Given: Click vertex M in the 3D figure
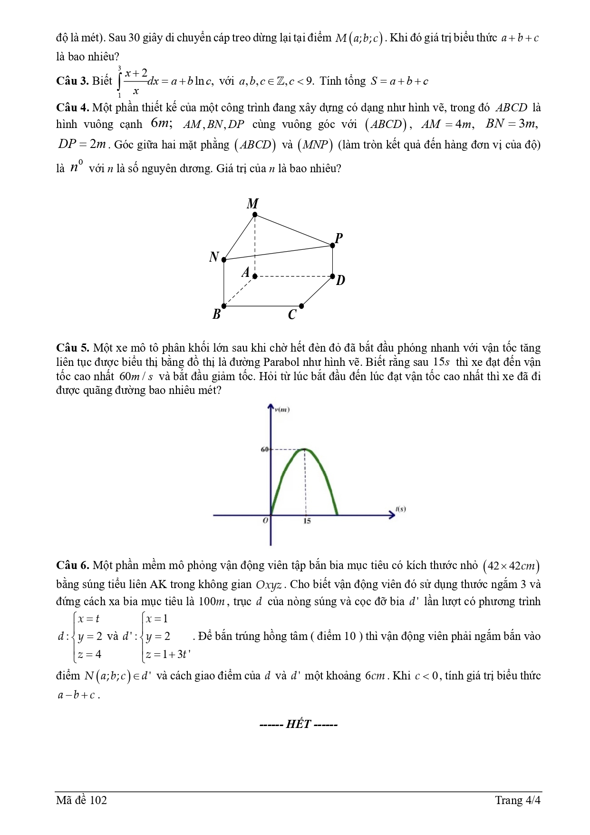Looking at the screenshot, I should (255, 215).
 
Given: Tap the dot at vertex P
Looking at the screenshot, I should (332, 245).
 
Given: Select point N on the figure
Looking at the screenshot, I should (224, 260).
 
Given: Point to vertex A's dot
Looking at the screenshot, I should (255, 276).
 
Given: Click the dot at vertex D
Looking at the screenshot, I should (332, 276).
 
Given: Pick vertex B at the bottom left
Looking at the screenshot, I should (224, 306).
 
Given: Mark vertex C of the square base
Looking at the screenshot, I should (301, 306).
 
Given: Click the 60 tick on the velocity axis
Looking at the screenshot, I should (265, 449).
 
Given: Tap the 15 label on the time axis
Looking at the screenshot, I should (307, 521).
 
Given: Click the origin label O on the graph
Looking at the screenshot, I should (265, 521).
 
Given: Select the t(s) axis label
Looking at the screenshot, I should (400, 509).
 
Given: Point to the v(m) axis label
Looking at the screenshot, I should (282, 409).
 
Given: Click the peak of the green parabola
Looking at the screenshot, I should (305, 449).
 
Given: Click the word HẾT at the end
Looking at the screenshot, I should (298, 724).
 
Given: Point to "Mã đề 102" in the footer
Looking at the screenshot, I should (81, 800).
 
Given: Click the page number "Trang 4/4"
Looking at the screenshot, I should (517, 800).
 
